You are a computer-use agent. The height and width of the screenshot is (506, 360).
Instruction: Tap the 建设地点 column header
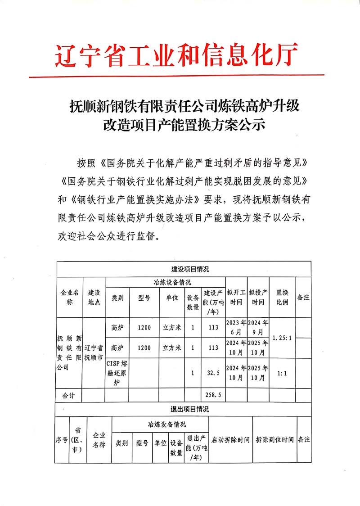coord(94,298)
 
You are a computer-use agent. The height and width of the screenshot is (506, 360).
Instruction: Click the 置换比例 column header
coord(282,298)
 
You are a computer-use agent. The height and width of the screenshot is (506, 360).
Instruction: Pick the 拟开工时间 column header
coord(236,298)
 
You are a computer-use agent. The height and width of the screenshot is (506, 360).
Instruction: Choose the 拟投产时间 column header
coord(258,298)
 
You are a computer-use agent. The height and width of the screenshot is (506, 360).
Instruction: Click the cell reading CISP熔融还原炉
coord(117,373)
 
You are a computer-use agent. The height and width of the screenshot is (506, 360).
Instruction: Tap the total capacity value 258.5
coord(211,395)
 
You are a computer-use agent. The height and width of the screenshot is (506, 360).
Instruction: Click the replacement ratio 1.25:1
coord(282,337)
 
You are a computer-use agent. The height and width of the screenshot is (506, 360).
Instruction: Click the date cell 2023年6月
coord(236,327)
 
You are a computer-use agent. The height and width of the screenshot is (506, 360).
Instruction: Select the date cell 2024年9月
coord(258,327)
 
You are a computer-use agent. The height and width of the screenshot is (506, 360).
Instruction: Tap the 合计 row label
coord(69,395)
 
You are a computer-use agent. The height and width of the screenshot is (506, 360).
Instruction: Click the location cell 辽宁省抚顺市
coord(94,352)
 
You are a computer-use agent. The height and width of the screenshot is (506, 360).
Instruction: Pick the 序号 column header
coord(61,440)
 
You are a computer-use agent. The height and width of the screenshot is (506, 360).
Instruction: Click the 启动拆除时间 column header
coord(230,440)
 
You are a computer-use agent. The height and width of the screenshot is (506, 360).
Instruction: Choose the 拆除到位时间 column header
coord(274,440)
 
